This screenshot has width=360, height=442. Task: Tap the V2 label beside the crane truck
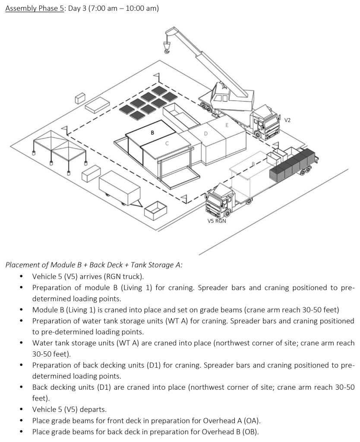[x=287, y=120]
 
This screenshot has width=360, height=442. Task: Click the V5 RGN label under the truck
[x=217, y=221]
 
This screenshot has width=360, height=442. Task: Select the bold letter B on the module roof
[x=152, y=133]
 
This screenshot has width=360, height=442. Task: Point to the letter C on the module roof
[x=167, y=143]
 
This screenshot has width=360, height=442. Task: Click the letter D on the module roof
[x=206, y=134]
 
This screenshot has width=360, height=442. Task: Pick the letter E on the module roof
[x=227, y=125]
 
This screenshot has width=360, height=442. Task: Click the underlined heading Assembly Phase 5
[x=35, y=9]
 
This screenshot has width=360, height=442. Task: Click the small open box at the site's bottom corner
[x=155, y=211]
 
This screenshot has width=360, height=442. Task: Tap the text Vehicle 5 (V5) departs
[x=69, y=409]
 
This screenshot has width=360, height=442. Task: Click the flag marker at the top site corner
[x=157, y=78]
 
